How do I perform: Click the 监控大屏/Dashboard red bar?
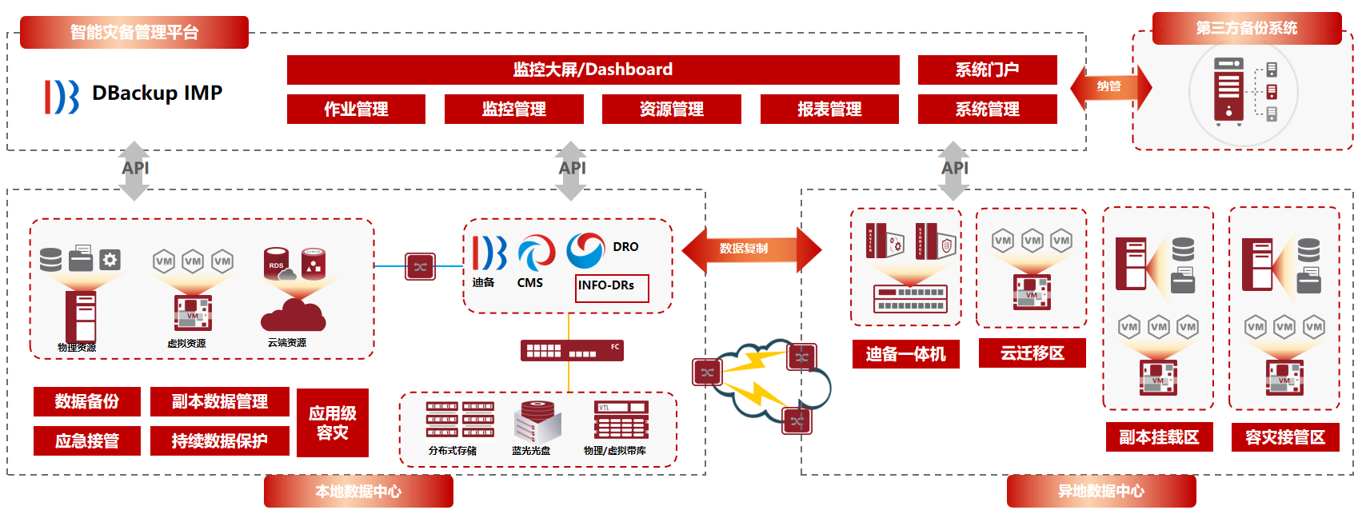tap(593, 70)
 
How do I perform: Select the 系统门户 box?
tap(987, 70)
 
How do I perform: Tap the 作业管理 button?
tap(356, 110)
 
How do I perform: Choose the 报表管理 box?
tap(829, 110)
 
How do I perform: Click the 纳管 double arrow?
tap(1110, 86)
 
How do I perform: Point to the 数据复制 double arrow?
tap(751, 249)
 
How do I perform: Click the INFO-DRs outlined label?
tap(612, 287)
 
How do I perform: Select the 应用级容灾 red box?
tap(333, 423)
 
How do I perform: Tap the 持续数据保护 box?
tap(219, 440)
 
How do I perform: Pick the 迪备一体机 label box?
tap(905, 354)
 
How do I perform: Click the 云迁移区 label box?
tap(1032, 353)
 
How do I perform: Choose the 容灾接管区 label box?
tap(1284, 437)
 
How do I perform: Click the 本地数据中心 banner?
tap(358, 492)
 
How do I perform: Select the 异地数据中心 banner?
tap(1100, 492)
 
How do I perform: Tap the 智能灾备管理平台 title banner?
tap(134, 33)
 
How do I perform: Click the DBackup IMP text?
tap(157, 94)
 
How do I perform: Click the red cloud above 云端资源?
tap(293, 315)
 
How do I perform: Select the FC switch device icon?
tap(571, 351)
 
